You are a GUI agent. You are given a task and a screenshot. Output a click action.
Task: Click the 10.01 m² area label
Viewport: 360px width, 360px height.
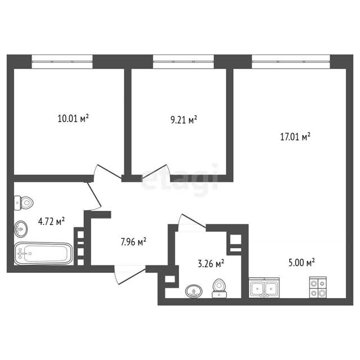tap(73, 119)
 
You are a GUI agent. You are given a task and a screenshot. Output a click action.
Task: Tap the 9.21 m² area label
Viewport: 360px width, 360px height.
tap(184, 119)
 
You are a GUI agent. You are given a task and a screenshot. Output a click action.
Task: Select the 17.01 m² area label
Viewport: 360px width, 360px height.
tap(295, 137)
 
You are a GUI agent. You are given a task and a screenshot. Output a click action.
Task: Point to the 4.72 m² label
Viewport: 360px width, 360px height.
tap(51, 222)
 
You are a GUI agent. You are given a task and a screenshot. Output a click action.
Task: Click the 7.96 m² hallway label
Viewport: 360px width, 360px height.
tap(133, 242)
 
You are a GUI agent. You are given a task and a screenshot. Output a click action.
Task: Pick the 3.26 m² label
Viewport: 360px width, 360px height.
tap(211, 264)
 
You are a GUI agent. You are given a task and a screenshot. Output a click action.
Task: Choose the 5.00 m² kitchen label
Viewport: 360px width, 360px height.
tap(301, 263)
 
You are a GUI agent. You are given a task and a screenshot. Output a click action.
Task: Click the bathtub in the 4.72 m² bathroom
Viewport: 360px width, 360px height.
tap(43, 254)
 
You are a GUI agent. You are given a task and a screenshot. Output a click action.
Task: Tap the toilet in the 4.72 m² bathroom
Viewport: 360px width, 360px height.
tap(24, 202)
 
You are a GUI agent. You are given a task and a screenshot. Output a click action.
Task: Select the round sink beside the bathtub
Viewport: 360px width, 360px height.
tap(21, 229)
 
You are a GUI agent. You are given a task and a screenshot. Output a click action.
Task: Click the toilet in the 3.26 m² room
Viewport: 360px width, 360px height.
tap(219, 289)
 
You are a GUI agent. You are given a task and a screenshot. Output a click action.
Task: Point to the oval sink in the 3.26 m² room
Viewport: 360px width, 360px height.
tap(193, 291)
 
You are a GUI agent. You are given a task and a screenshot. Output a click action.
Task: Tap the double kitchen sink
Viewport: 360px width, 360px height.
tap(264, 287)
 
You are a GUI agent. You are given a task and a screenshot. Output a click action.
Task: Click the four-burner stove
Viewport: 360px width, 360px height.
tap(318, 287)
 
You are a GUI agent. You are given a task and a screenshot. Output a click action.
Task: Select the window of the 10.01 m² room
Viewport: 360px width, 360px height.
tap(62, 61)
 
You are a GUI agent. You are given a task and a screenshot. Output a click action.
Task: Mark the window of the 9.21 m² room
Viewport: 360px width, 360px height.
tap(183, 61)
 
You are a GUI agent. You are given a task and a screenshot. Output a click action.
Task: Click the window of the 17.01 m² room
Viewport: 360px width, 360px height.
tap(291, 61)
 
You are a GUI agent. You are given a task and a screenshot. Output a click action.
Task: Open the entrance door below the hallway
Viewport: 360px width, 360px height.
tap(130, 274)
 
